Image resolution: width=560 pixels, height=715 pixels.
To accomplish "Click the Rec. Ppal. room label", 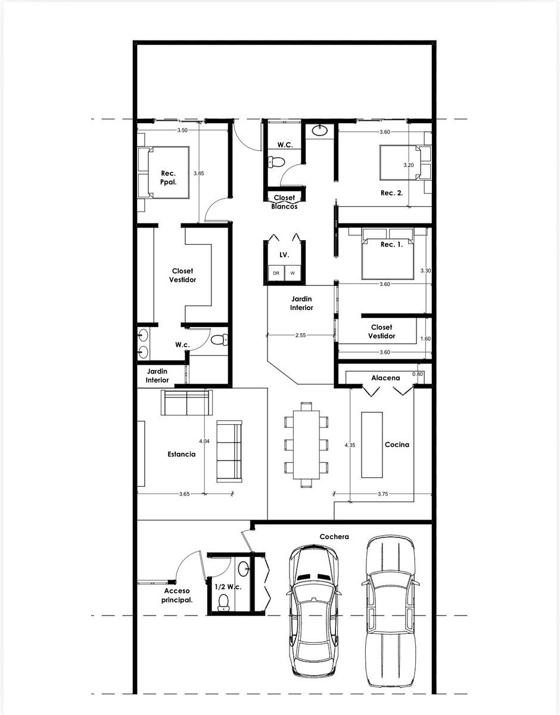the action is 169,178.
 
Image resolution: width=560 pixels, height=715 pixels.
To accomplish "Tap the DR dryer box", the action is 276,273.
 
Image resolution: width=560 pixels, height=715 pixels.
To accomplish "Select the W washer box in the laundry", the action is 293,273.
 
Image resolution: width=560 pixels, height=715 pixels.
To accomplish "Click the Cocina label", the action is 397,444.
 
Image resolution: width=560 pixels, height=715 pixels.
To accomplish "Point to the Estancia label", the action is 182,454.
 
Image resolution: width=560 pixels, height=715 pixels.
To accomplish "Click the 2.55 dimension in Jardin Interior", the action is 300,335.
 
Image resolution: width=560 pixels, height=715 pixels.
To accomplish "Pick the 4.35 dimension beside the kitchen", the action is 350,445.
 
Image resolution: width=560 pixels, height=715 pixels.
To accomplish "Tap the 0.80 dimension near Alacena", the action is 418,374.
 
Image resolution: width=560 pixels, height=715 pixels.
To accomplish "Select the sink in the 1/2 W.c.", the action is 244,569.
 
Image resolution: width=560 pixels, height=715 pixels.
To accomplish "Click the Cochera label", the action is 334,536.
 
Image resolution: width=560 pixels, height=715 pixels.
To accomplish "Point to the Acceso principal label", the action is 177,596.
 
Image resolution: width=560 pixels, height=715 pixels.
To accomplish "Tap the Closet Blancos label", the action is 284,202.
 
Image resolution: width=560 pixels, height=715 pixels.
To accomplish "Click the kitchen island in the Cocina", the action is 372,444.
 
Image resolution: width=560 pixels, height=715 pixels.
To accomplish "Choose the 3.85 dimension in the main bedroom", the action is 198,173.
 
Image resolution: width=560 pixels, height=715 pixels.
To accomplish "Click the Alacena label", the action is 385,378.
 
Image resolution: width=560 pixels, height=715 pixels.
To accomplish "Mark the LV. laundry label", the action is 284,254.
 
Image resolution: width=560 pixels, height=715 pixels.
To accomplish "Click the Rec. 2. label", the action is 391,193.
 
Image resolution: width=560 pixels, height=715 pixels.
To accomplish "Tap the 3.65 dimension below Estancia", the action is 184,493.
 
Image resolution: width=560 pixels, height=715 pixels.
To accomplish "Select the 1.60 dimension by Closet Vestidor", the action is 425,338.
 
